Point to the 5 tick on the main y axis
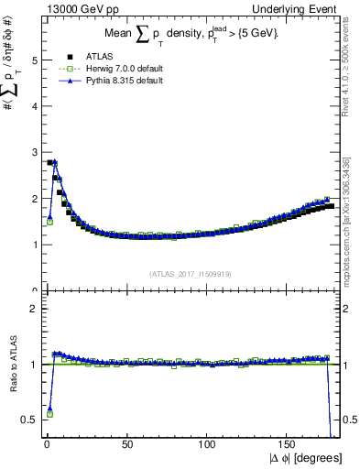pos(35,60)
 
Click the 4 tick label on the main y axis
pos(35,106)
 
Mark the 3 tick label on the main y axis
pos(35,152)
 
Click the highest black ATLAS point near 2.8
pos(49,162)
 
